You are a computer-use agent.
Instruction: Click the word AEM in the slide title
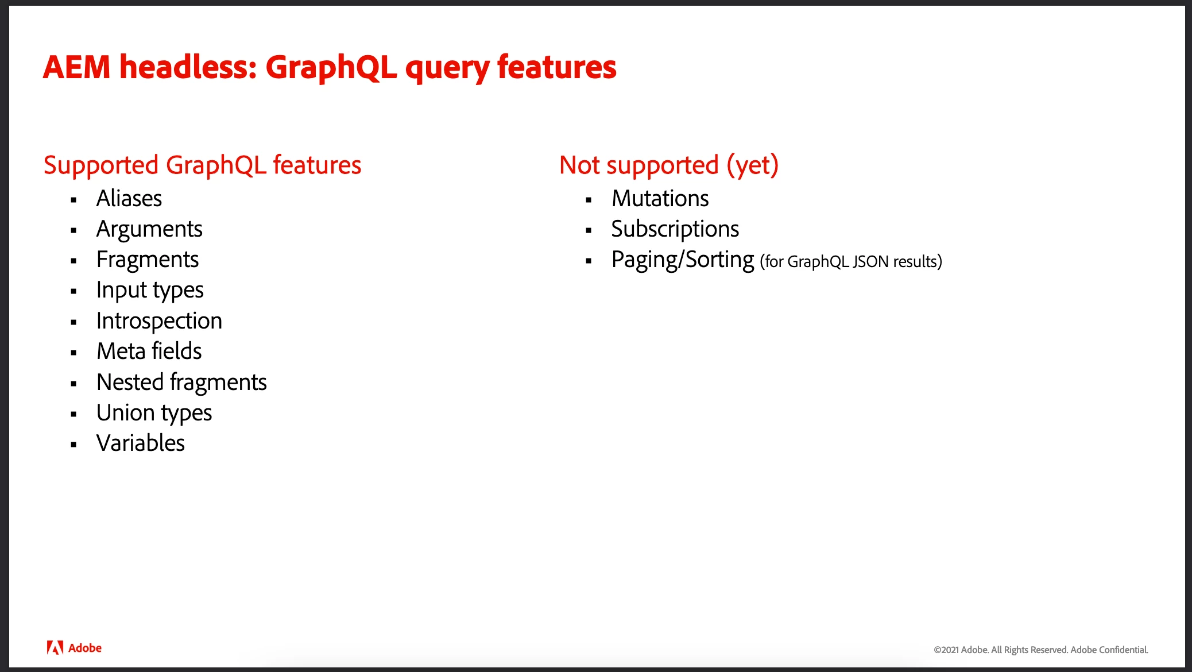[76, 67]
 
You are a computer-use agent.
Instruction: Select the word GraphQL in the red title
[331, 68]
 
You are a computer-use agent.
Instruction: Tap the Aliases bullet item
[129, 198]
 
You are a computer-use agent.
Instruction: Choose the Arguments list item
[149, 230]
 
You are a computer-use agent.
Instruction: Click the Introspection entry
[159, 320]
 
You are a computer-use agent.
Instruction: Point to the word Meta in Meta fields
[121, 351]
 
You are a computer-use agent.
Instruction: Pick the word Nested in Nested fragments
[130, 382]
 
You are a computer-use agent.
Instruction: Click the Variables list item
[141, 443]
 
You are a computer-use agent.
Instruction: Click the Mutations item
[660, 198]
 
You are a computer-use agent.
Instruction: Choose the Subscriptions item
[675, 230]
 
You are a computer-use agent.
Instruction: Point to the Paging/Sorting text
[683, 260]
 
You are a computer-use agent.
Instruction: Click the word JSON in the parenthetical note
[871, 262]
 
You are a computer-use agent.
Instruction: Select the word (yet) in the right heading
[753, 165]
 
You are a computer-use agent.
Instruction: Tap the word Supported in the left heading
[101, 166]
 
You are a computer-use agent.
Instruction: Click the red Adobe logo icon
[55, 648]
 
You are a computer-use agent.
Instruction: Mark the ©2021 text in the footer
[946, 650]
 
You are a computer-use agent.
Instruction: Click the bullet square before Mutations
[589, 200]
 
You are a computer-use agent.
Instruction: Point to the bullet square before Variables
[73, 445]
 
